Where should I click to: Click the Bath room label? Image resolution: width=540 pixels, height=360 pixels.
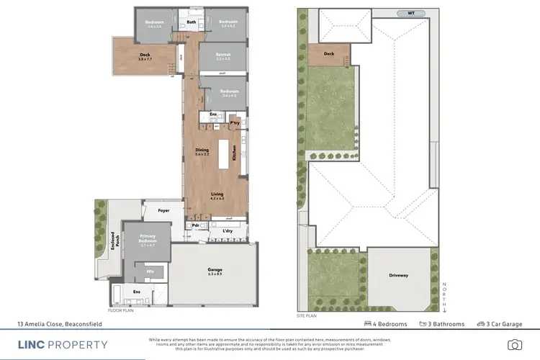192,22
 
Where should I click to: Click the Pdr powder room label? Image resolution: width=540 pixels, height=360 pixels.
195,225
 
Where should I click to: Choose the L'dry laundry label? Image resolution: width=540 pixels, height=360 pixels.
229,230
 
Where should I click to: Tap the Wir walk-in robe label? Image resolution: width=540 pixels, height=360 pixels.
150,271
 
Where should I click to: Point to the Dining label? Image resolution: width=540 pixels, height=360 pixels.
202,150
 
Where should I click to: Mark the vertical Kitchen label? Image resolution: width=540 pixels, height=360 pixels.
234,151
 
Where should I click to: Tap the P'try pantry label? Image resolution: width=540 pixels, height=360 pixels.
235,123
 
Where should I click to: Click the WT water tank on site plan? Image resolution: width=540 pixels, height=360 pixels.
411,13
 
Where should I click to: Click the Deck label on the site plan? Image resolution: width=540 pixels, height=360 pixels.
329,54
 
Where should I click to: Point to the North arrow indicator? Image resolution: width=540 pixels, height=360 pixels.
445,295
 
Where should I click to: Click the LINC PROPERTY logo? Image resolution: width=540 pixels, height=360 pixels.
63,345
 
